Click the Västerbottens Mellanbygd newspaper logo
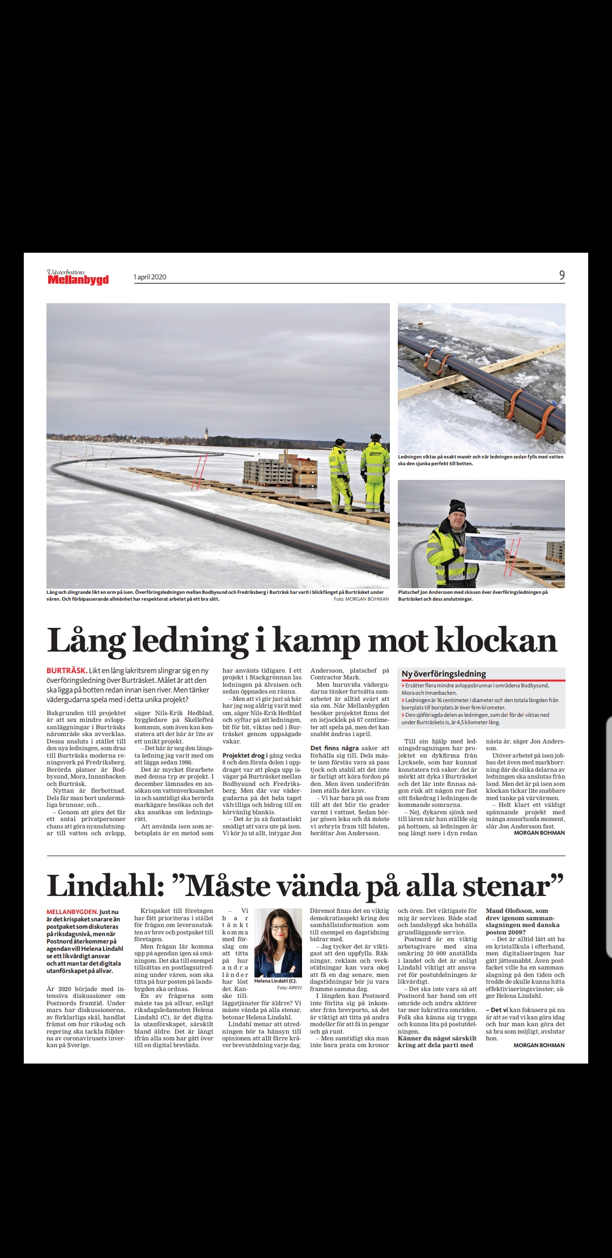pyautogui.click(x=78, y=276)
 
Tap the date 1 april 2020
pyautogui.click(x=150, y=277)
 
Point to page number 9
pyautogui.click(x=562, y=275)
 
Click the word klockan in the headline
pyautogui.click(x=496, y=641)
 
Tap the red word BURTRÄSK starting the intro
pyautogui.click(x=66, y=670)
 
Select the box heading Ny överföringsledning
pyautogui.click(x=444, y=674)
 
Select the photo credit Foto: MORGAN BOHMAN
pyautogui.click(x=362, y=599)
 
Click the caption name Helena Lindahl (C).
pyautogui.click(x=275, y=981)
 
